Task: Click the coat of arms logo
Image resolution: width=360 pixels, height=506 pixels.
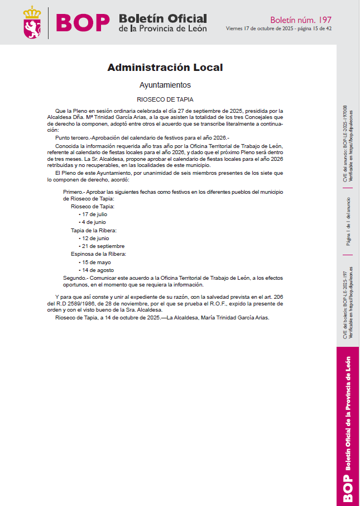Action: point(32,23)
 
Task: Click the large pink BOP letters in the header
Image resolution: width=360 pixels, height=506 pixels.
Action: point(83,23)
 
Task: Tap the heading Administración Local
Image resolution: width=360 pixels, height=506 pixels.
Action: point(165,68)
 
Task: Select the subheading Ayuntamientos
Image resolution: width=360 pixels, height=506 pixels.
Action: point(165,85)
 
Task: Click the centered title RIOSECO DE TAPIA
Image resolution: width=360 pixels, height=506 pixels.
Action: point(165,99)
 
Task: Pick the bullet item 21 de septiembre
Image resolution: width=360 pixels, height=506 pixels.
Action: point(103,246)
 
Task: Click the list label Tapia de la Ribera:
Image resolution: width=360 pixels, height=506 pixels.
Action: point(94,230)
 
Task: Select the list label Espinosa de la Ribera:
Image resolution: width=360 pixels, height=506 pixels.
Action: point(98,254)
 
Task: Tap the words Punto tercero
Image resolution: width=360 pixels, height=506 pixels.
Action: point(73,137)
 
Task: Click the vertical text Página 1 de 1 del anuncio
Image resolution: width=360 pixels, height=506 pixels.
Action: point(348,221)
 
